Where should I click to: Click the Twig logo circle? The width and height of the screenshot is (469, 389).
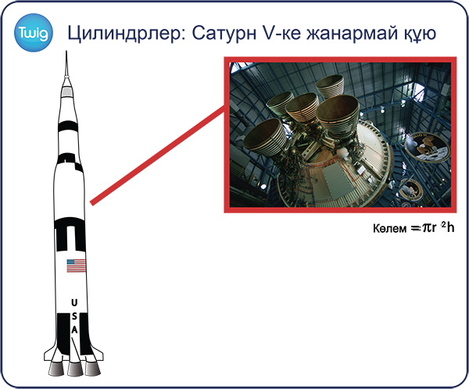[33, 33]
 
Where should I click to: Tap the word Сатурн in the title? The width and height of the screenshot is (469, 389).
[224, 33]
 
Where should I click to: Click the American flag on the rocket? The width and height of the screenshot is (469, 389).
[76, 266]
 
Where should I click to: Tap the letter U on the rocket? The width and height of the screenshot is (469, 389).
[74, 302]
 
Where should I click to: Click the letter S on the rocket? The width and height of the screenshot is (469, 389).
[74, 316]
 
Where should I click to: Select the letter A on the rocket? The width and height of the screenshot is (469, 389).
[74, 330]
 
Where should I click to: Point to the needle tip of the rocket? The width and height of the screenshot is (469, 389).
[66, 52]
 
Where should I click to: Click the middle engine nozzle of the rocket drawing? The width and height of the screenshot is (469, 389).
[75, 369]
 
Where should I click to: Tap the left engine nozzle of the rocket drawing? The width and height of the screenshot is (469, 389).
[56, 369]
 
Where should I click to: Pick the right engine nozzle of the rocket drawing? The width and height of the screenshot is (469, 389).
[93, 369]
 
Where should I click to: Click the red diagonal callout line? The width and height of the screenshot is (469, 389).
[159, 155]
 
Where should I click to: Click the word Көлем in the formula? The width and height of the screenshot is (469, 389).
[390, 228]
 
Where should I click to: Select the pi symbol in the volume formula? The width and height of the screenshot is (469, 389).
[426, 228]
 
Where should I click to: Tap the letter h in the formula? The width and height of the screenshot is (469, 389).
[451, 227]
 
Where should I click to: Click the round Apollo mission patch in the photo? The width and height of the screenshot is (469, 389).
[428, 147]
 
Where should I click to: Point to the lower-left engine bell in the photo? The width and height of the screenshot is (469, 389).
[267, 137]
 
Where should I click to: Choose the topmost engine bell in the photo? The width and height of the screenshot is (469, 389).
[330, 86]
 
